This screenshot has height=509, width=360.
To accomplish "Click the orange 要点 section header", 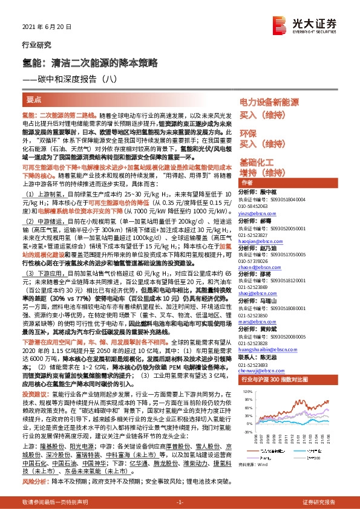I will pyautogui.click(x=34, y=99).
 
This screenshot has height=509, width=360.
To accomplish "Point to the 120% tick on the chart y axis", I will pyautogui.click(x=247, y=409).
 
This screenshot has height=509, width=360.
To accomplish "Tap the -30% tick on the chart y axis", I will pyautogui.click(x=247, y=450).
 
